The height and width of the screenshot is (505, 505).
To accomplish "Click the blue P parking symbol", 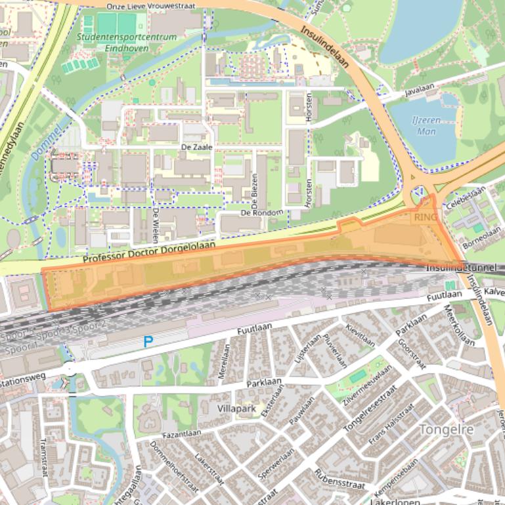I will point(148,342).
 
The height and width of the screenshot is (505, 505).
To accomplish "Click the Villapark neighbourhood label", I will point(236,409).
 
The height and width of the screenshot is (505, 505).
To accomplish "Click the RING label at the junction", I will point(426,216).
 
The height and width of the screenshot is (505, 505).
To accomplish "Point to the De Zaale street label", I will point(197,147).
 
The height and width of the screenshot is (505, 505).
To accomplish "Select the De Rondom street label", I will point(261,212).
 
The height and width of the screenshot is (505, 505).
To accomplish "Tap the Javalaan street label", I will point(420,93).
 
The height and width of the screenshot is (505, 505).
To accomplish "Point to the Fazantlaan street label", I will point(182,434).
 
